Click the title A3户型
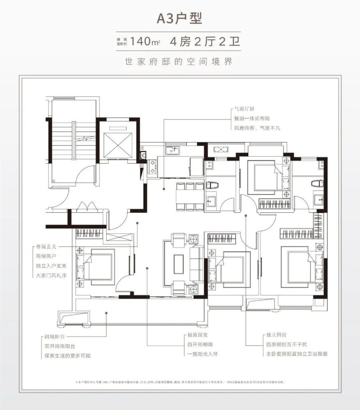tap(180, 19)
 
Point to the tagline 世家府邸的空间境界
tap(180, 62)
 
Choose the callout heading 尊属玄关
tap(46, 248)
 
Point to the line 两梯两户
tap(46, 257)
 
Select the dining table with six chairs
tap(190, 196)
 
